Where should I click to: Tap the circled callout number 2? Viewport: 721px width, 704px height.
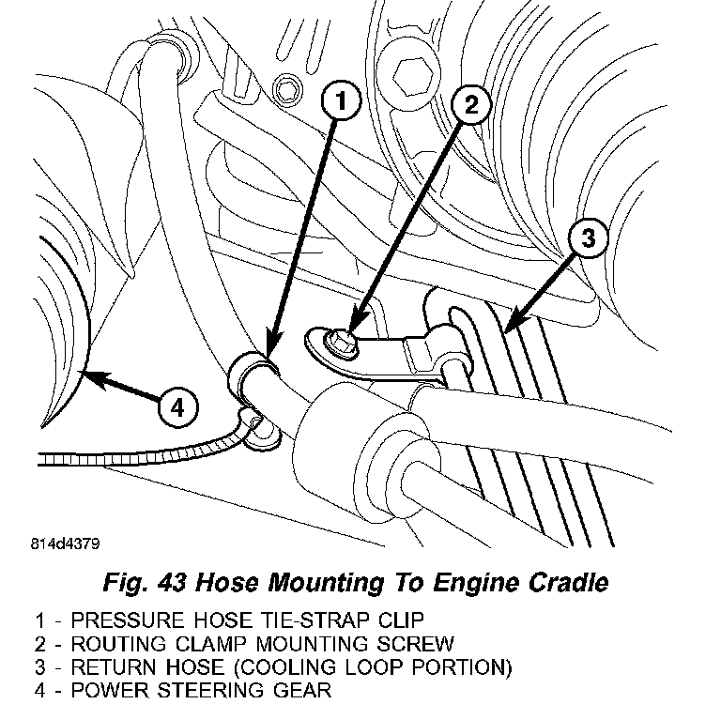click(471, 106)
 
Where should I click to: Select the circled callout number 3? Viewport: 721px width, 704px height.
click(587, 240)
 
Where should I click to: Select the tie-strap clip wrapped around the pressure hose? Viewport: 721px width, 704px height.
click(251, 368)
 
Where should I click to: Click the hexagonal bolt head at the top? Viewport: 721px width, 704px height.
click(411, 71)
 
